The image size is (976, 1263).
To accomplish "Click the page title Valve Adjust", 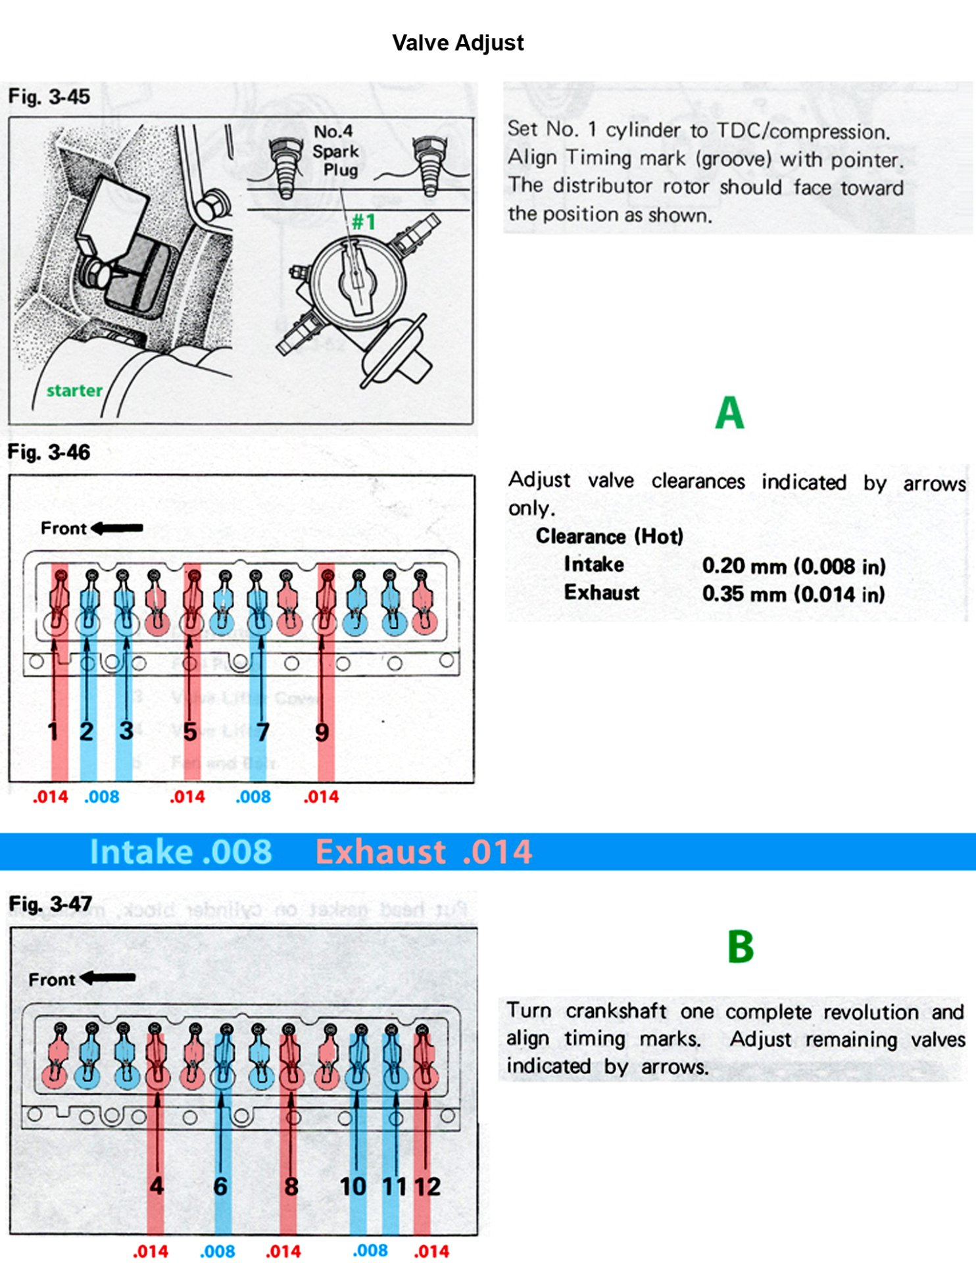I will click(x=458, y=43).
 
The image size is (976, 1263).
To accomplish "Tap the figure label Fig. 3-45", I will click(x=49, y=97).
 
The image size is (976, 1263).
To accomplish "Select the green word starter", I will click(x=74, y=391).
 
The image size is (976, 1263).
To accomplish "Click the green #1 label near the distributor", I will click(x=364, y=222).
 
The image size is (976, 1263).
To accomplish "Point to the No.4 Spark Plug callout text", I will click(x=335, y=151).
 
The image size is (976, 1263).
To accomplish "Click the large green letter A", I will click(x=729, y=413).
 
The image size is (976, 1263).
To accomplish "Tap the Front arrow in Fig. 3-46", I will click(x=117, y=528).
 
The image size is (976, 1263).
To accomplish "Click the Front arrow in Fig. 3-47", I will click(x=108, y=979).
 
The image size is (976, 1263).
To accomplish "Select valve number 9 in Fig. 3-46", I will click(x=322, y=732).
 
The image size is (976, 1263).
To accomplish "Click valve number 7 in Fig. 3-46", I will click(x=262, y=732).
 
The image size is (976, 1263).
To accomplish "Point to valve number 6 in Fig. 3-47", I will click(x=220, y=1187).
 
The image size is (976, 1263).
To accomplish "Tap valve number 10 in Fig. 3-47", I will click(x=353, y=1187).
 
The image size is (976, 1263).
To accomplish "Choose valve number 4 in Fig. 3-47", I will click(x=156, y=1186).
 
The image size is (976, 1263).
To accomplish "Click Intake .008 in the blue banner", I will click(x=181, y=852).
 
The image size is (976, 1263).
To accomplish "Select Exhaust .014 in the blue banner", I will click(x=424, y=852).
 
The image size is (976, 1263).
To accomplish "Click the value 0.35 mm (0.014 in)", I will click(x=793, y=594).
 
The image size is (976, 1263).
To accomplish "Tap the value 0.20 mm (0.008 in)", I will click(x=793, y=566).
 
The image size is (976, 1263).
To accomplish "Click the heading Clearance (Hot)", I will click(x=610, y=536).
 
